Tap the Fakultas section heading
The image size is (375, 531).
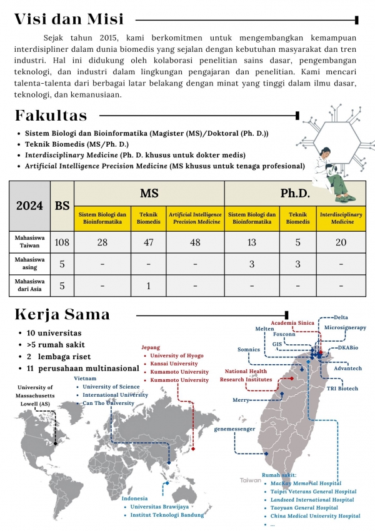[51, 116]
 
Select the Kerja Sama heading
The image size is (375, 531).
[62, 314]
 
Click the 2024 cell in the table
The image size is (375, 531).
[29, 206]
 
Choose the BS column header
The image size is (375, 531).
[62, 206]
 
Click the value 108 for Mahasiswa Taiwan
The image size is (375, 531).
[62, 242]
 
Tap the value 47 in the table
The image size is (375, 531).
[148, 242]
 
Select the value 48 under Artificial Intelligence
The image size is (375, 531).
[195, 242]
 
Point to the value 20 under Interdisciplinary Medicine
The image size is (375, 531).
[341, 242]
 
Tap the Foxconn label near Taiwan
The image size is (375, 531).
[284, 334]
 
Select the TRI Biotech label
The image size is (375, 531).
[343, 389]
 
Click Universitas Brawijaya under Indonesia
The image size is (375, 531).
[161, 507]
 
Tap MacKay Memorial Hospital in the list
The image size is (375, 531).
[306, 483]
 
